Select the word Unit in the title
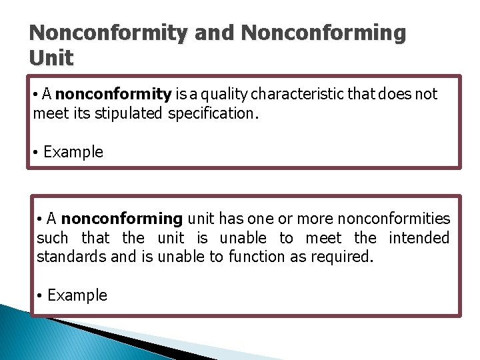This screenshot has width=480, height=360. click(x=51, y=58)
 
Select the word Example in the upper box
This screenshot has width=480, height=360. click(x=73, y=152)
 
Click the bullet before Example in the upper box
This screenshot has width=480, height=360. click(x=35, y=153)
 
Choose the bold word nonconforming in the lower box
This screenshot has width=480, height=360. click(x=121, y=219)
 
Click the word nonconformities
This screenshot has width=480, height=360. click(x=394, y=219)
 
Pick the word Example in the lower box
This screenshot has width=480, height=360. click(x=77, y=295)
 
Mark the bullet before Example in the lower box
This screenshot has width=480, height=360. click(x=40, y=296)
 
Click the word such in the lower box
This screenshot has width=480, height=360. click(x=52, y=238)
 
